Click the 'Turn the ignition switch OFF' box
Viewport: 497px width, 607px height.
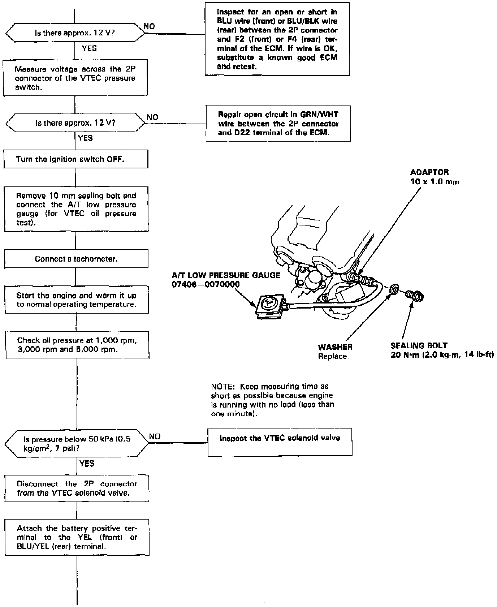[76, 159]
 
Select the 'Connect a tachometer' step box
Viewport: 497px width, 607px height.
[76, 259]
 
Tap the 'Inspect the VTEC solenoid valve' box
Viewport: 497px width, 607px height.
[280, 442]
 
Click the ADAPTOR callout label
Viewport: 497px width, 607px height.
[429, 172]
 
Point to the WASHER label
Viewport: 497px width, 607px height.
[335, 347]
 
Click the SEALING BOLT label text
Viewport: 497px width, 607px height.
[419, 345]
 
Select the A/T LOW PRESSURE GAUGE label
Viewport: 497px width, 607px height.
[226, 275]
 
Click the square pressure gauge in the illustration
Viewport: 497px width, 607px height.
[270, 306]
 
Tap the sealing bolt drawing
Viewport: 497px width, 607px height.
[415, 296]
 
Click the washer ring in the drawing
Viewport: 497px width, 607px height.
[395, 289]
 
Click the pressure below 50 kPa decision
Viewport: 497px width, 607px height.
[76, 444]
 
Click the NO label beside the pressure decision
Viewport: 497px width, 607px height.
[155, 436]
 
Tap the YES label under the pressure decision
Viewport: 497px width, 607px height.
[87, 464]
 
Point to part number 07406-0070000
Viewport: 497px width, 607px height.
[206, 284]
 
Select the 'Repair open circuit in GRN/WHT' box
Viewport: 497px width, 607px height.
[278, 123]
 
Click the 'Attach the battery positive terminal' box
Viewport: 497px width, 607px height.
[77, 537]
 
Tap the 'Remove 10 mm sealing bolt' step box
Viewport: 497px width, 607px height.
[76, 209]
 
